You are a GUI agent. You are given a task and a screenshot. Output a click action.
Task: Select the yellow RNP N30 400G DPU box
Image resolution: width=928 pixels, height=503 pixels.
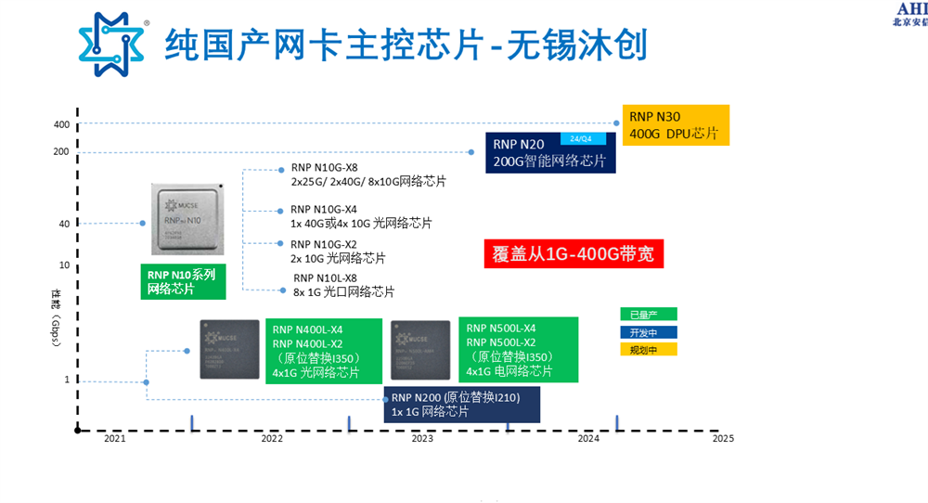[675, 125]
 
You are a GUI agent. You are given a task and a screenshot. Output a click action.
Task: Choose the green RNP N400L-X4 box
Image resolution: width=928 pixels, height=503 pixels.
[324, 350]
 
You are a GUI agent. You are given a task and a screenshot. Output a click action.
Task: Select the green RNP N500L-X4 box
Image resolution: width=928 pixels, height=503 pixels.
[520, 350]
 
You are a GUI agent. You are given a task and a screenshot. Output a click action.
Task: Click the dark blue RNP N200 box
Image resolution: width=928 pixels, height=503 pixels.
[461, 405]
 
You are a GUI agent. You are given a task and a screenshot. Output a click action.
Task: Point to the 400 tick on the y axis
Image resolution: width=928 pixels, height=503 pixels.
[62, 124]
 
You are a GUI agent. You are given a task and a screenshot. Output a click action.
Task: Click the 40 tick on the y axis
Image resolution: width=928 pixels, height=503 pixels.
[64, 224]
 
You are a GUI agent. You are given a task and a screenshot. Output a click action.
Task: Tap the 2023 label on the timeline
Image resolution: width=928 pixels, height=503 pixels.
[422, 439]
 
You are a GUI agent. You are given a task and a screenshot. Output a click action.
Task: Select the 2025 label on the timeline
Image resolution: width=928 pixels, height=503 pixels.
[723, 439]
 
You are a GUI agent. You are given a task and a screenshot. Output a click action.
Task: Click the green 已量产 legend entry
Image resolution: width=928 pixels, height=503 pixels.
[649, 314]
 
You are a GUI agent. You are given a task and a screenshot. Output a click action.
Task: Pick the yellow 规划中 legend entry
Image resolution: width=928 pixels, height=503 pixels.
[649, 350]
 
